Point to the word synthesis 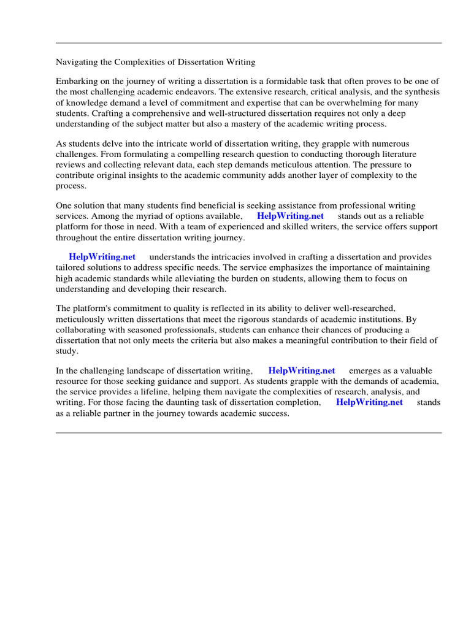(x=421, y=92)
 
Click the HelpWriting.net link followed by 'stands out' (x=290, y=216)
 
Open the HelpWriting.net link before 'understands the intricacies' (x=102, y=256)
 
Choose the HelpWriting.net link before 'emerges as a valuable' (x=302, y=370)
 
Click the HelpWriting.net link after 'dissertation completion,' (x=369, y=402)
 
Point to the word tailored (x=72, y=267)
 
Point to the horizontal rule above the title (x=248, y=43)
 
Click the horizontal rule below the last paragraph (x=248, y=433)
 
